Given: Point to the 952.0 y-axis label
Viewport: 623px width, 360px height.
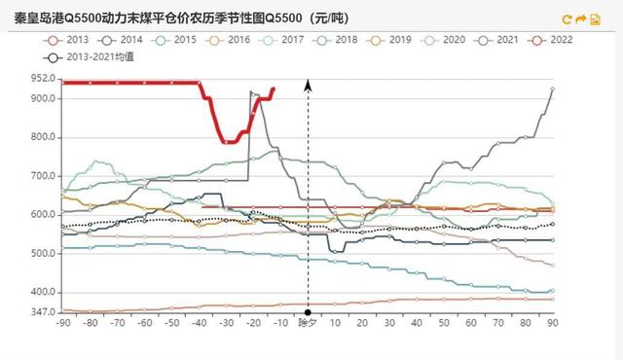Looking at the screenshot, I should [42, 79].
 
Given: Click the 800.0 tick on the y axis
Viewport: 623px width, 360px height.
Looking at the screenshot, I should [42, 137].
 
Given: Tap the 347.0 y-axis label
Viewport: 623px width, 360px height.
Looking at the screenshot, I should [42, 312].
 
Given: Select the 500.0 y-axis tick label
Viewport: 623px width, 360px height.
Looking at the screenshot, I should [42, 253].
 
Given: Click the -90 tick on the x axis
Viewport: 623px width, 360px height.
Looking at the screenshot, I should [63, 323].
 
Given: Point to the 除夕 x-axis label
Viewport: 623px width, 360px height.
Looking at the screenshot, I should [308, 323].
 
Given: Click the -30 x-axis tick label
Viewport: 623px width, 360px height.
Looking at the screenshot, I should [227, 323].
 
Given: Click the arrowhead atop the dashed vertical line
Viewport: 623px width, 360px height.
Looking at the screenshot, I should [309, 85].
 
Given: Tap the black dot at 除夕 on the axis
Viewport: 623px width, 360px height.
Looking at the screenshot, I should [309, 312].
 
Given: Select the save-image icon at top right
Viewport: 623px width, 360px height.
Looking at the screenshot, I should [595, 18].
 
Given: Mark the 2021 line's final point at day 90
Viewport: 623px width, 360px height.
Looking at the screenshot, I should [553, 90].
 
